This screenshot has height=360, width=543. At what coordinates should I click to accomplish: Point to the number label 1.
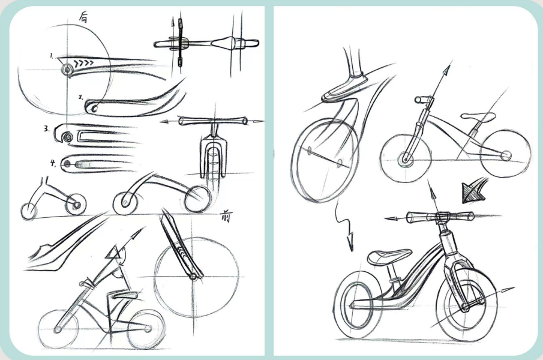pos(52,56)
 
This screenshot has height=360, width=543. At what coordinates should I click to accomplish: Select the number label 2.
pos(80,96)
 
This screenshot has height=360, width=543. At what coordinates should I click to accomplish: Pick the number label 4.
pos(52,161)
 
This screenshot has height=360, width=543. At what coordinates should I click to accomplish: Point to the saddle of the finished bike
pos(383,257)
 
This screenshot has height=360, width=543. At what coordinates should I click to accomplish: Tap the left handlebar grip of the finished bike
pos(416,218)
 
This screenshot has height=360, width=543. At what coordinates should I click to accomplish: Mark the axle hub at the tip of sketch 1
pos(66,70)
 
